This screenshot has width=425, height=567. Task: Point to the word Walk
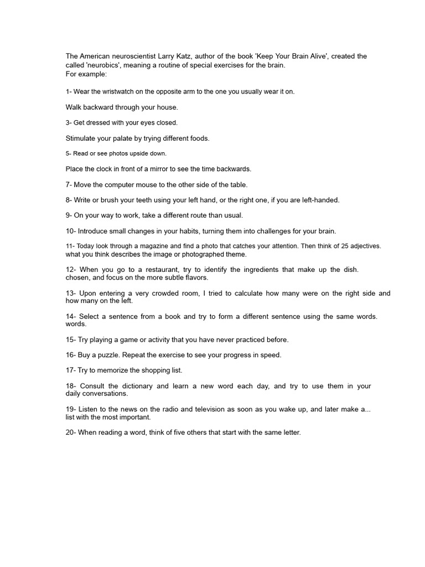point(74,107)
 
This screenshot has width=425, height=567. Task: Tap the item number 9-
point(70,215)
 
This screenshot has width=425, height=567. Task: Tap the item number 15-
point(72,339)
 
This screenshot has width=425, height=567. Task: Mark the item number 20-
point(72,432)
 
